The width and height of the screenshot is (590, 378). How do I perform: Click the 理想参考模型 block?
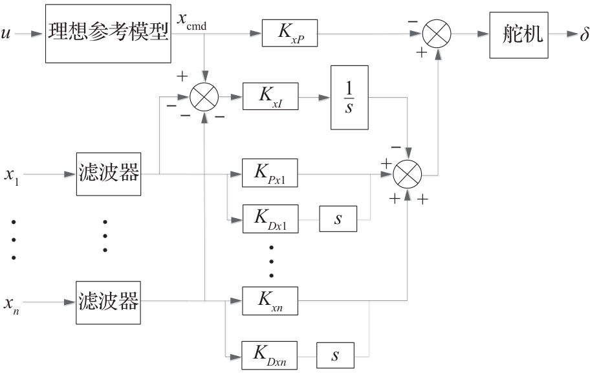click(107, 32)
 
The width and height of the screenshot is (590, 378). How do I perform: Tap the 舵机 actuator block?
click(517, 32)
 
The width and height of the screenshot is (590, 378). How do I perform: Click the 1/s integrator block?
click(349, 97)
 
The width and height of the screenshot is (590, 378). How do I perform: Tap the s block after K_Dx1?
click(337, 221)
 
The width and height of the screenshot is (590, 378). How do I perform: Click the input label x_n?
click(12, 303)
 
